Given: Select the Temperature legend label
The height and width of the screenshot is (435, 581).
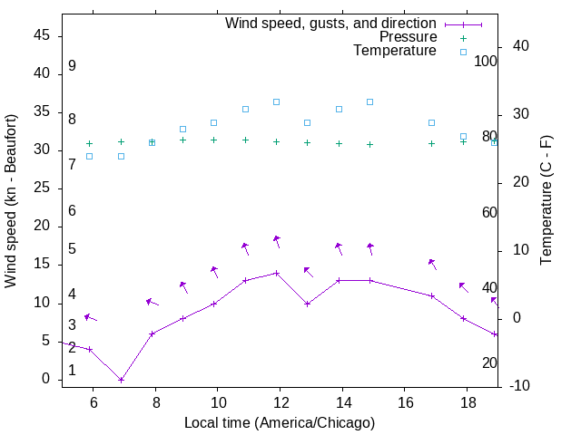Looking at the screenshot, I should [395, 51].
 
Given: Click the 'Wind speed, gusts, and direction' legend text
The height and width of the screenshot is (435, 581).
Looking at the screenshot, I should [330, 23].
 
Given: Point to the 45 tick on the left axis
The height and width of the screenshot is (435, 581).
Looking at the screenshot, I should [42, 35].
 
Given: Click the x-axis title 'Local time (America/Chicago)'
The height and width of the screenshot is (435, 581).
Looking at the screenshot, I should [280, 422].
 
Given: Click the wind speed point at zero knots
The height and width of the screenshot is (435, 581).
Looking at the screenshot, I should [121, 380].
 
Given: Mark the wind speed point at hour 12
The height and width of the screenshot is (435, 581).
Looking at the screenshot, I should [277, 273].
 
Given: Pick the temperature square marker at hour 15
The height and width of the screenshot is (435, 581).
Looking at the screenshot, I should [369, 101].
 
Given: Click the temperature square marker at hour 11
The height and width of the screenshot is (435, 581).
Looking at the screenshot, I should [245, 109].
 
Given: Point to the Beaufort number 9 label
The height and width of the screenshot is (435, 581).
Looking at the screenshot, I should [72, 66].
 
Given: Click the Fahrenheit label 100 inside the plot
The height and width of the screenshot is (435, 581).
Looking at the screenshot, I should [486, 62].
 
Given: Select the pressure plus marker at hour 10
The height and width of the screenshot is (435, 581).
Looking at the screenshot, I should [214, 140].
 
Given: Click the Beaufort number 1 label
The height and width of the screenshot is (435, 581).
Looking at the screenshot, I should [72, 370].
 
